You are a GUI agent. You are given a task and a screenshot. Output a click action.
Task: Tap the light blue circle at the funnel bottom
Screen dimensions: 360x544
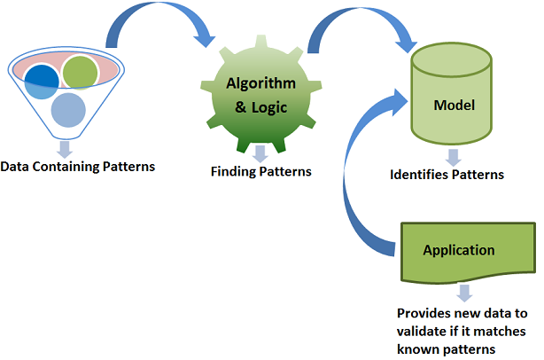click(68, 110)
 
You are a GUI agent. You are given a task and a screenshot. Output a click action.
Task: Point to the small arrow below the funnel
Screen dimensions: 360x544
click(65, 147)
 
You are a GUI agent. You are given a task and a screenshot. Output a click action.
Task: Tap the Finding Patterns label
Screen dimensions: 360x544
click(260, 170)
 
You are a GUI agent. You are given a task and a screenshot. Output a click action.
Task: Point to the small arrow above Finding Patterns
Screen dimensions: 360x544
click(260, 153)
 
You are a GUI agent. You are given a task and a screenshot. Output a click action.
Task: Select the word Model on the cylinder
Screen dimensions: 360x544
click(454, 106)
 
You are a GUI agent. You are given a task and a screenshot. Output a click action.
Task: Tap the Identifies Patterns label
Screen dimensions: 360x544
click(447, 175)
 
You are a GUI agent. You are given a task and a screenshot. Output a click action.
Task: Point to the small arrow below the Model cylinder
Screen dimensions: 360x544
click(453, 157)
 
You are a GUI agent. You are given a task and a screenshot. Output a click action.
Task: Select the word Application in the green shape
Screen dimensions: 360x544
click(458, 249)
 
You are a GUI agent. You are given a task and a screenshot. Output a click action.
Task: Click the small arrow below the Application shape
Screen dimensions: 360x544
click(462, 293)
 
